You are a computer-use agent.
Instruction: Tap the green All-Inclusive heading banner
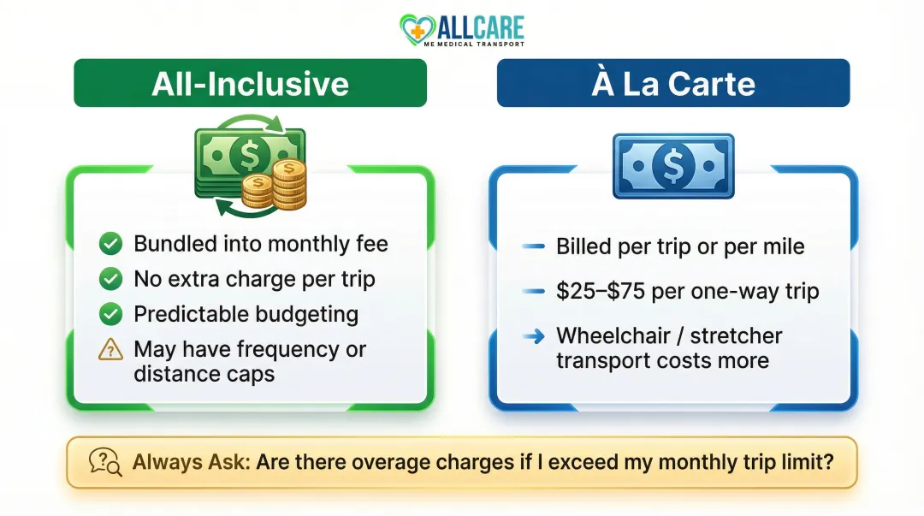click(x=250, y=83)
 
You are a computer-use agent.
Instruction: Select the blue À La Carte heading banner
click(x=672, y=83)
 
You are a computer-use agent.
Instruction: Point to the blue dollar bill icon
click(x=672, y=165)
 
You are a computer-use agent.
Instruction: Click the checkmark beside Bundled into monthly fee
click(x=110, y=244)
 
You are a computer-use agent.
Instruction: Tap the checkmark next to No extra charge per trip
click(x=110, y=279)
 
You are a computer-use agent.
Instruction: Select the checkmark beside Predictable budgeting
click(x=110, y=314)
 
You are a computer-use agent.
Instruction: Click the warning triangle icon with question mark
click(x=110, y=349)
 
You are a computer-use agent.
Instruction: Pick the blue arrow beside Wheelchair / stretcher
click(x=534, y=336)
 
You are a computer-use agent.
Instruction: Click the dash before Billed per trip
click(x=534, y=247)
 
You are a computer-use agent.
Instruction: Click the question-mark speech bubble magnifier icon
click(x=104, y=463)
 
